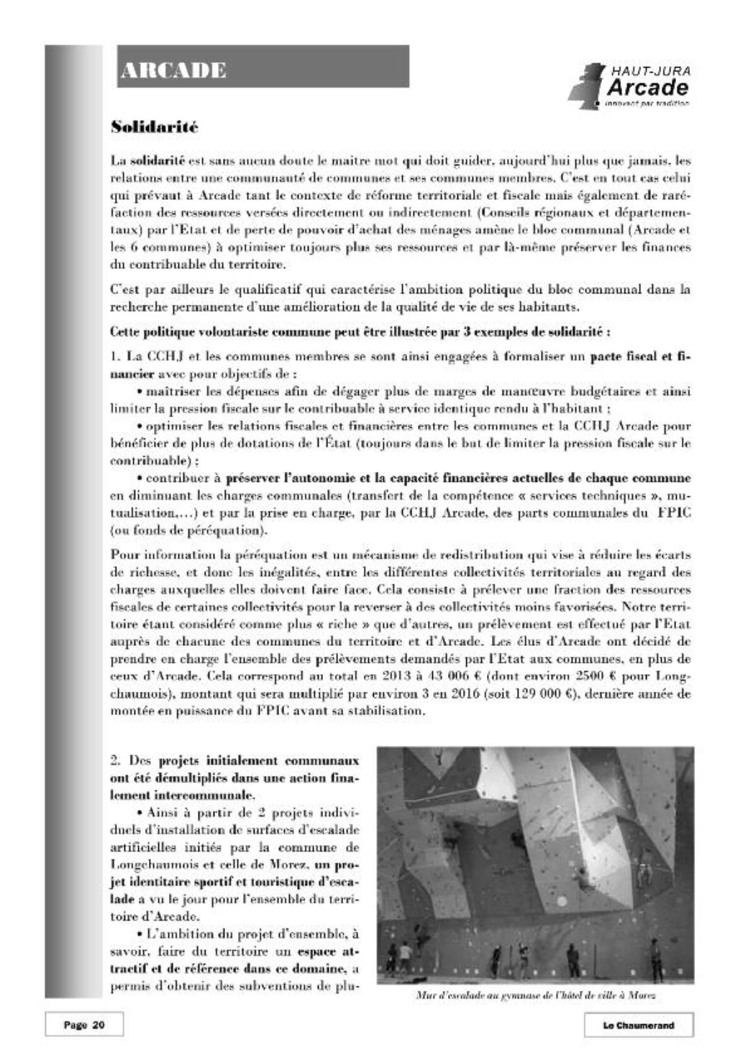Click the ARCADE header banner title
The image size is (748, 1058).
coord(173,70)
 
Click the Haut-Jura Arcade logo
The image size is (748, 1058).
coord(629,85)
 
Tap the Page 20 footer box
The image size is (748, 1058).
coord(84,1025)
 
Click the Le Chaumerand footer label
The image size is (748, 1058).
coord(638,1025)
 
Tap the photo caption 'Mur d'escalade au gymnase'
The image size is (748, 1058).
coord(535,996)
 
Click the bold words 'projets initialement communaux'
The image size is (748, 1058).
coord(257,760)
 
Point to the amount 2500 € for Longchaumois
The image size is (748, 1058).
coord(593,677)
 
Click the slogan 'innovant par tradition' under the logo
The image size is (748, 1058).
coord(647,103)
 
